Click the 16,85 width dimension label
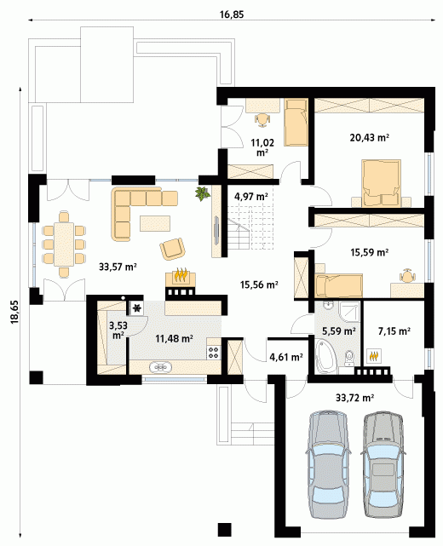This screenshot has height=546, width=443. point(232,14)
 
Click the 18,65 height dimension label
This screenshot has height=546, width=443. point(14,312)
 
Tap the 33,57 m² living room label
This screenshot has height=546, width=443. point(118,267)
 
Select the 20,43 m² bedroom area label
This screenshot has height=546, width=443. point(369,137)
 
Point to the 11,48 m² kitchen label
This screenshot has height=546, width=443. point(174,338)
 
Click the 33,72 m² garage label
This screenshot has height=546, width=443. point(355,397)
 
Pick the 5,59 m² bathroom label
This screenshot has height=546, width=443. point(338,331)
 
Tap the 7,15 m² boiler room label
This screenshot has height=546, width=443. point(394,330)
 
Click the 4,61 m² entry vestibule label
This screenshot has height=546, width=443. point(286,357)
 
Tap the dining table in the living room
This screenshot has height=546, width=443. point(64,244)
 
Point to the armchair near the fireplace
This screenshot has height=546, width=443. point(172,249)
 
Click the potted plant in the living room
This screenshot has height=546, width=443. point(203,193)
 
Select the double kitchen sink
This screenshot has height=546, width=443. point(160,366)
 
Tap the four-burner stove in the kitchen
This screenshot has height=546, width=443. point(214,353)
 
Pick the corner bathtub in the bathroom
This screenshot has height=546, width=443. point(325,357)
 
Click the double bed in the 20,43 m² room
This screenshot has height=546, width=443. point(381,183)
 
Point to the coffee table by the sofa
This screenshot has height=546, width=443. point(155,223)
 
